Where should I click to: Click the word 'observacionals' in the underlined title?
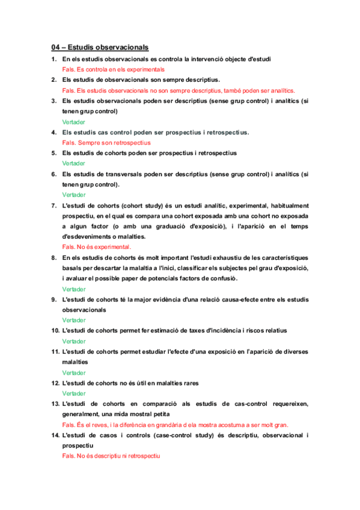(x=120, y=47)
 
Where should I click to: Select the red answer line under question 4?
(x=106, y=143)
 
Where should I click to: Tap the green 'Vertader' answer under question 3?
(x=74, y=121)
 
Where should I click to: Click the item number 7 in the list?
(x=54, y=205)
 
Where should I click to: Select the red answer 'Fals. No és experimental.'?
(x=96, y=247)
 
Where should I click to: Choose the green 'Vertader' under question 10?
(x=74, y=341)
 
